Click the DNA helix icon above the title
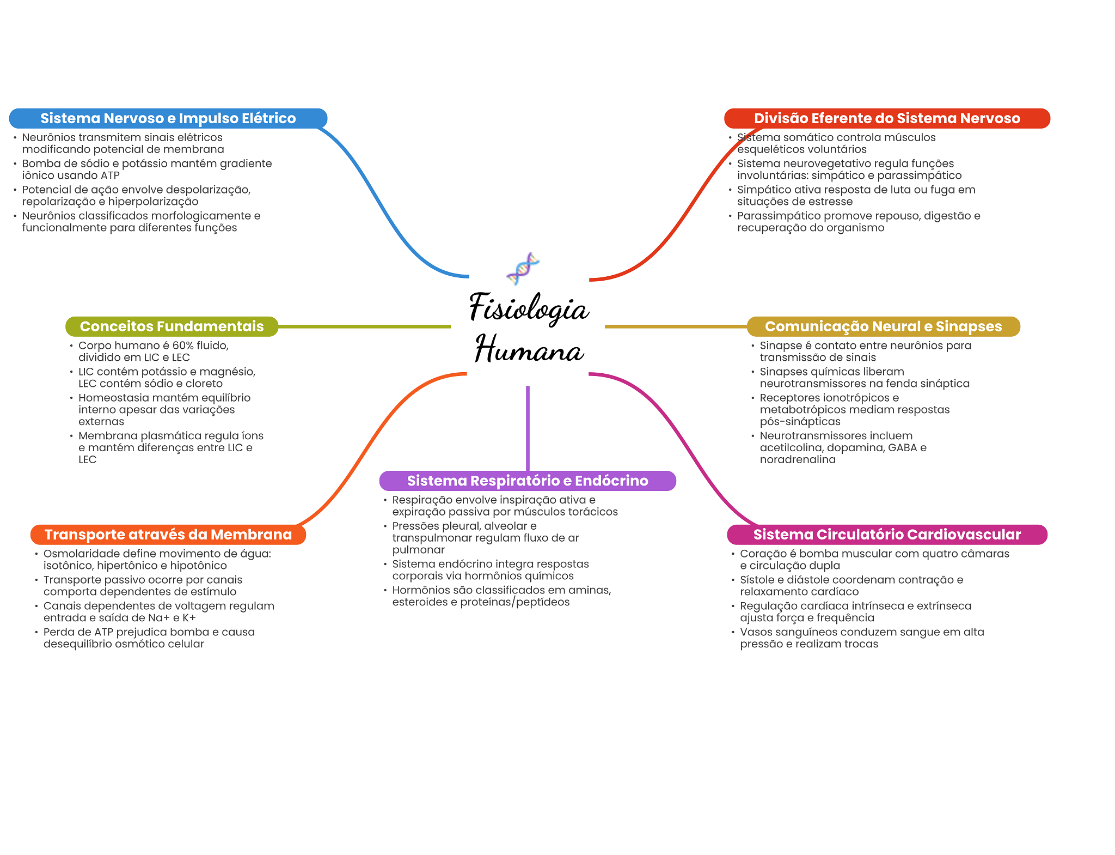[523, 268]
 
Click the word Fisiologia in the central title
[529, 308]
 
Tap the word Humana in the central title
[529, 349]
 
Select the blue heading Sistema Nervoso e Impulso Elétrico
[168, 118]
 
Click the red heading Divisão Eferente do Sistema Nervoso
[886, 118]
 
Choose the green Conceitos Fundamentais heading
[171, 326]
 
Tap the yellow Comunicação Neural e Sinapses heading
[883, 326]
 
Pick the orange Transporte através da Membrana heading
[168, 535]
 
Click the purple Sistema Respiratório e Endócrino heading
[527, 481]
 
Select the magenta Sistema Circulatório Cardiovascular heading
[886, 535]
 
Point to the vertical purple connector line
[528, 428]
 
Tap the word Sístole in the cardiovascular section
[758, 580]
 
